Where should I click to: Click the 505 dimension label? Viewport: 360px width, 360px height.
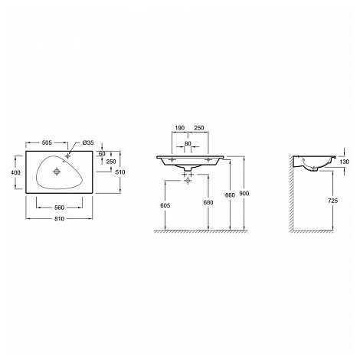[47, 142]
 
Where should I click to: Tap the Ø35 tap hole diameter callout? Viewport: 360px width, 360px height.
[88, 142]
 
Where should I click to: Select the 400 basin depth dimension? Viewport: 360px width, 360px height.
[15, 172]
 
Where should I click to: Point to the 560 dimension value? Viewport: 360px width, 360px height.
[60, 208]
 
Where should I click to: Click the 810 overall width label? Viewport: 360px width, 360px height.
[59, 218]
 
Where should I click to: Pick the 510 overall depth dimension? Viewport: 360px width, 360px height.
[120, 172]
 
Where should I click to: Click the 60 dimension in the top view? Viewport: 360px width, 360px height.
[102, 154]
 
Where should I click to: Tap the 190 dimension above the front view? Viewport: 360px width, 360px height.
[180, 128]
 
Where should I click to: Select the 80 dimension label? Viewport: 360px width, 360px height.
[188, 144]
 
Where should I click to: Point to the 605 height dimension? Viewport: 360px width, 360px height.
[165, 205]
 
